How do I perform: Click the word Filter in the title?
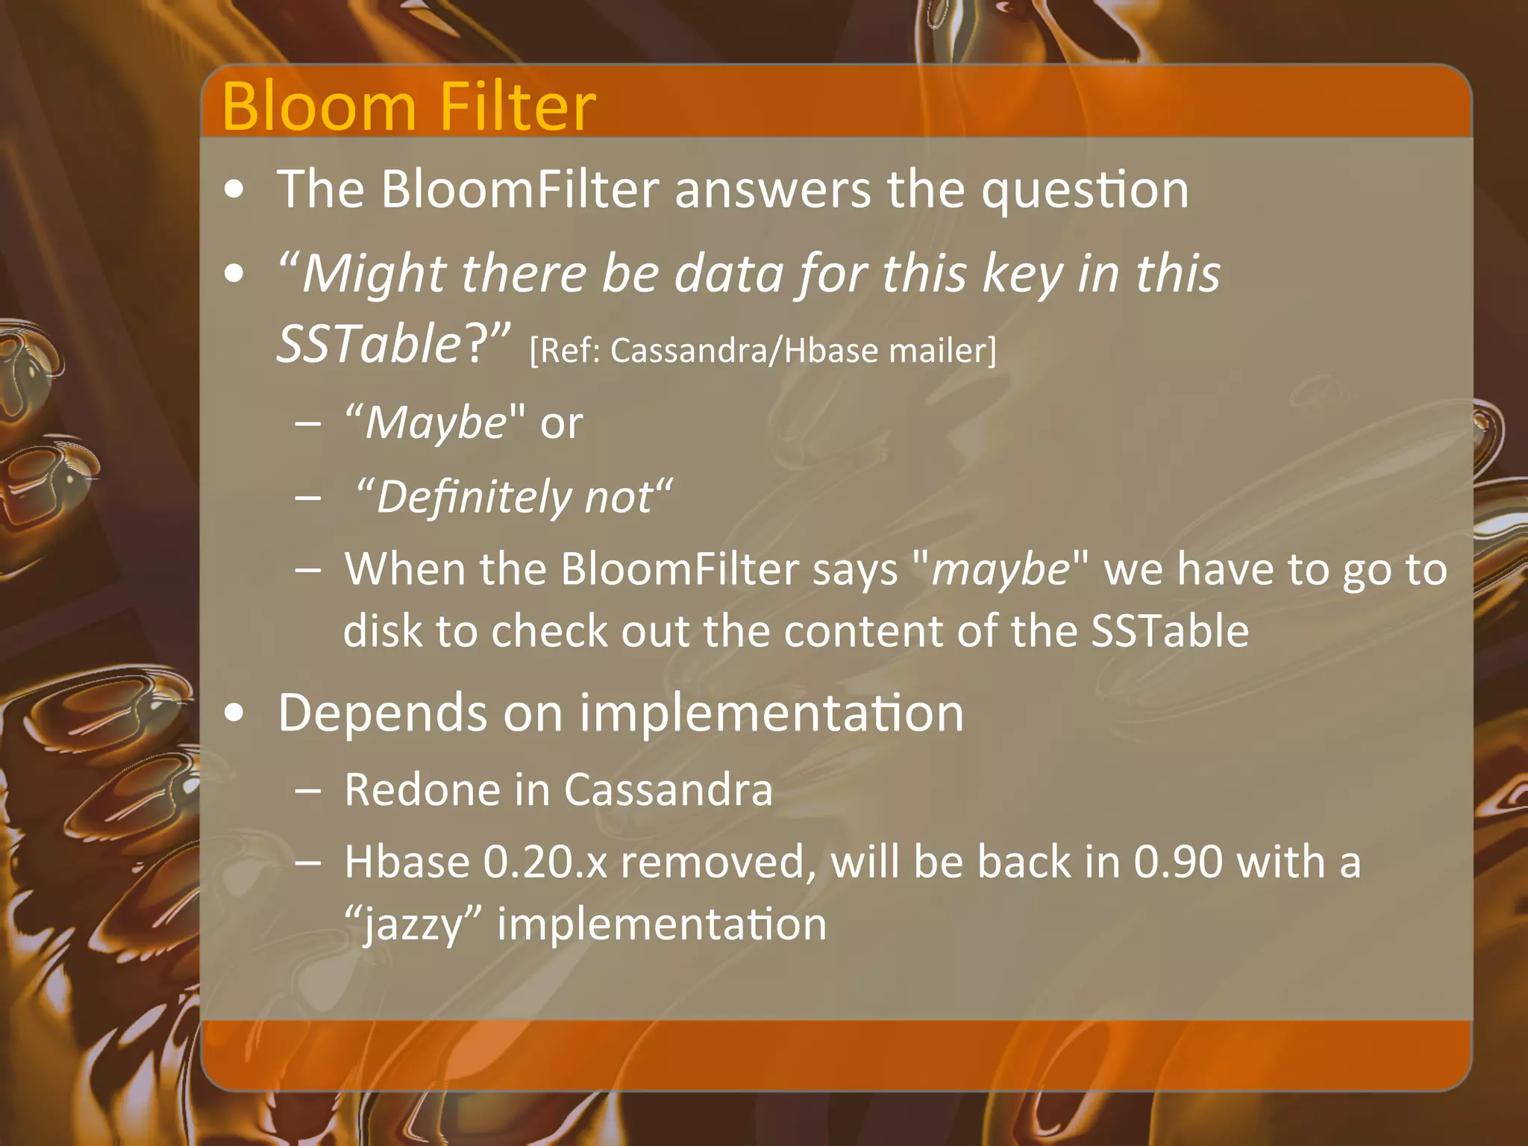click(x=517, y=107)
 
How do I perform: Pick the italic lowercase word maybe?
click(x=1000, y=571)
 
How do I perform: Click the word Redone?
click(x=422, y=789)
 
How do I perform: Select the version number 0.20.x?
click(x=545, y=862)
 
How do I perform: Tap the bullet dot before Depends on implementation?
click(x=234, y=714)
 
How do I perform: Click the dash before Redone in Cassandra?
click(x=307, y=791)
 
